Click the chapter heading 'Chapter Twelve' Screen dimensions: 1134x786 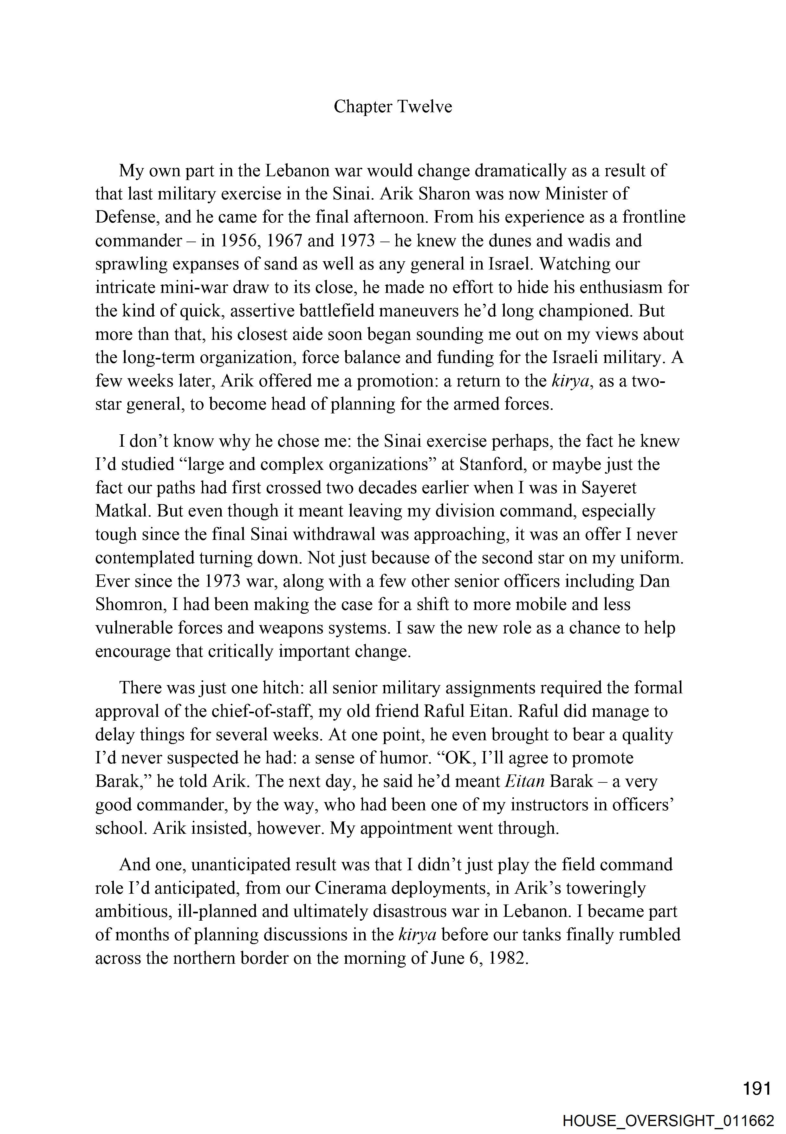393,106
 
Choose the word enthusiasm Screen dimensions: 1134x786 610,287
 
